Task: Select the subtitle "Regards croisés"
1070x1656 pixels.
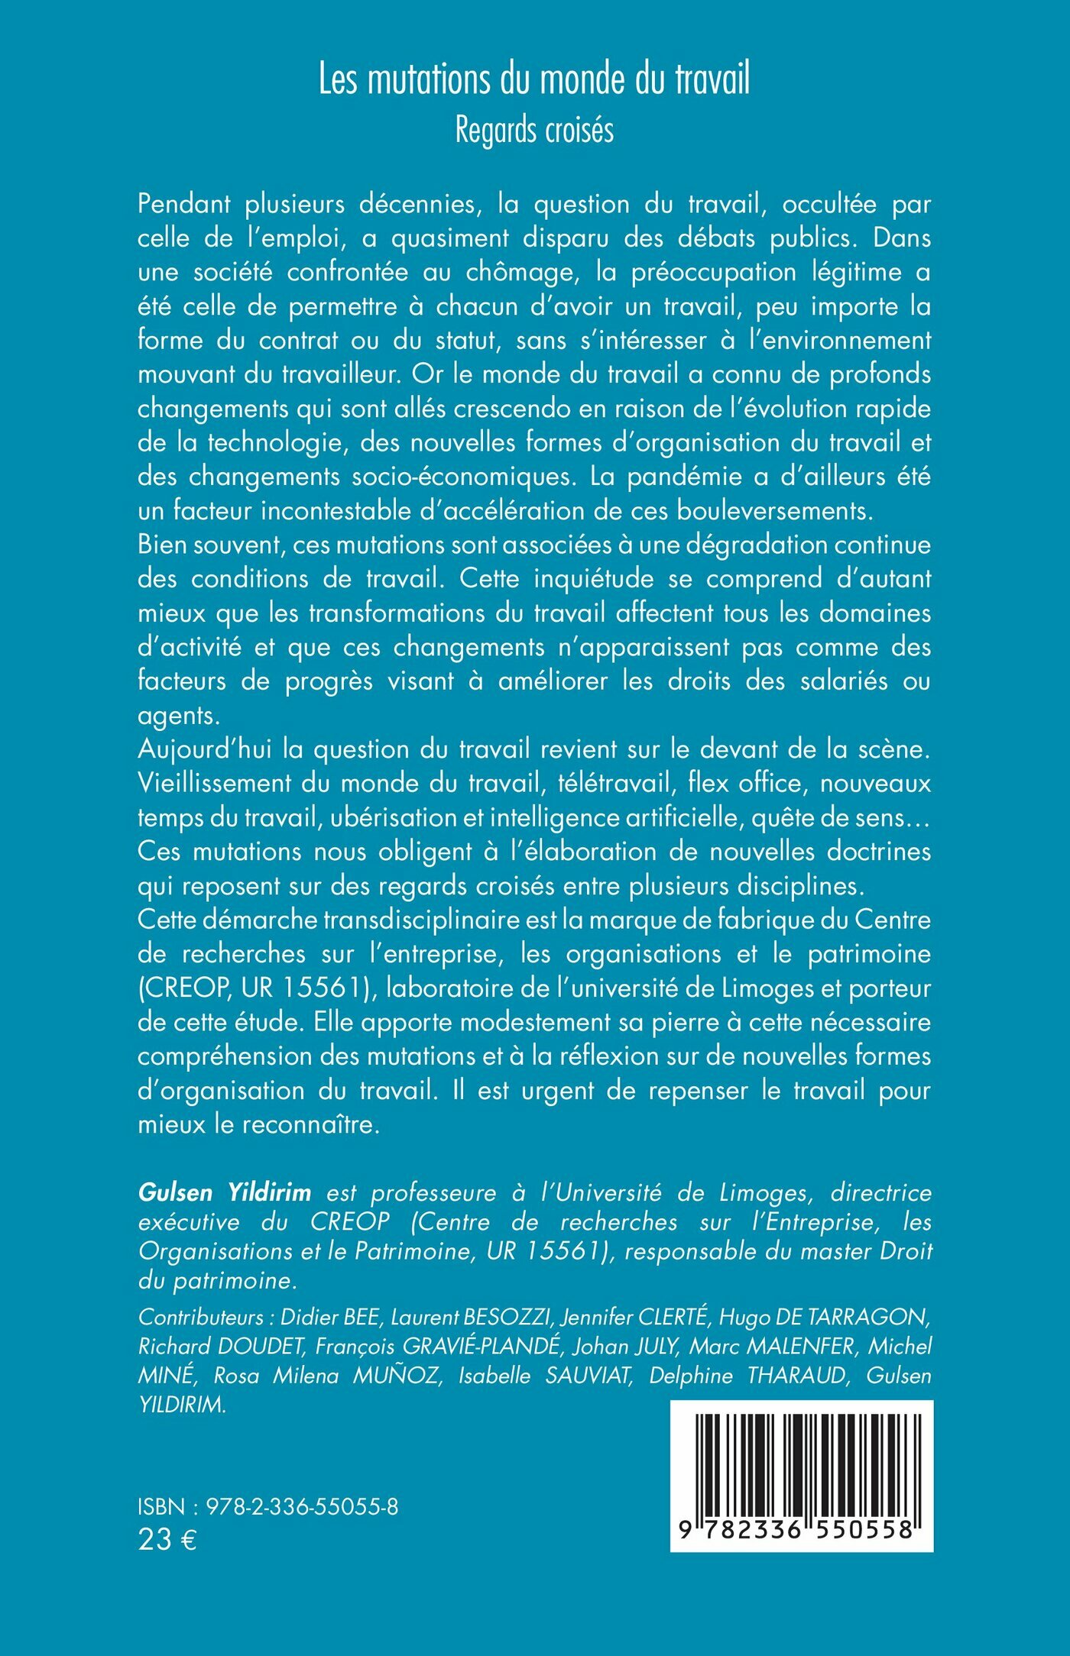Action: pyautogui.click(x=534, y=130)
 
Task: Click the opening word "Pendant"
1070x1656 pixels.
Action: pyautogui.click(x=184, y=205)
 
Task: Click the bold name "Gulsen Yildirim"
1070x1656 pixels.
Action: pyautogui.click(x=224, y=1192)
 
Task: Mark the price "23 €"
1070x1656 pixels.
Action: pyautogui.click(x=167, y=1540)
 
